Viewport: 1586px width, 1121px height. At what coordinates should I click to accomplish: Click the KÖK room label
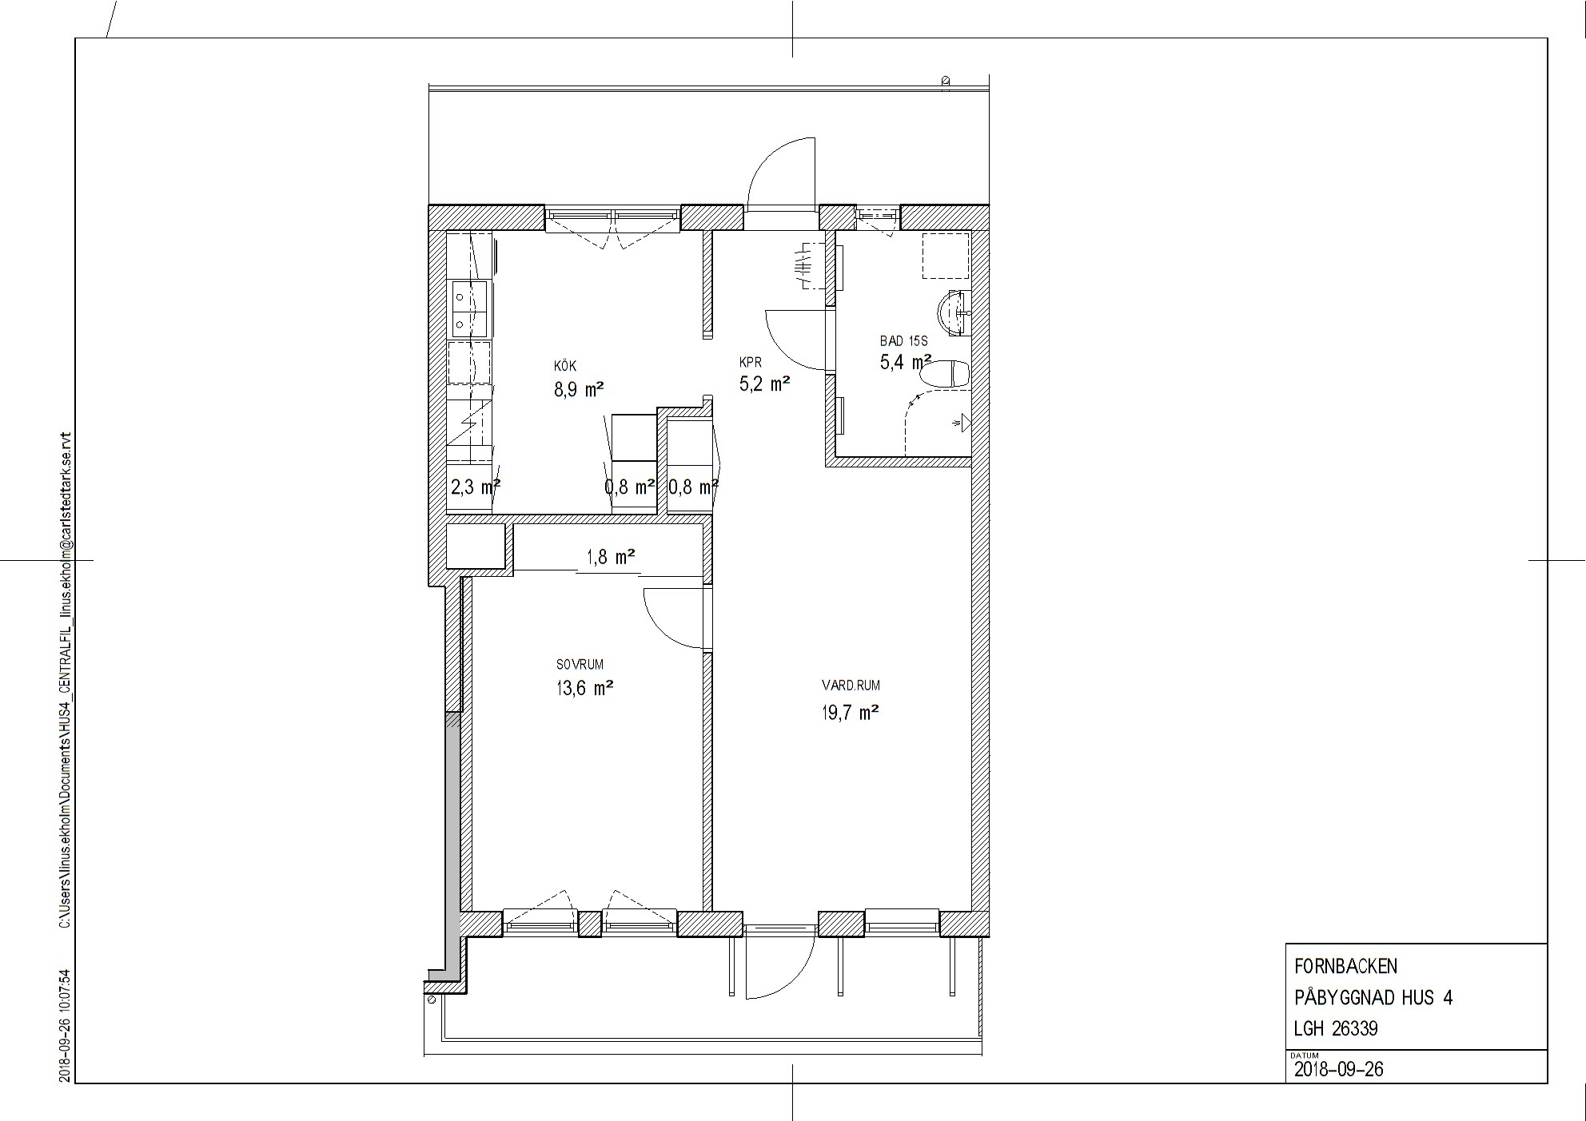pyautogui.click(x=565, y=366)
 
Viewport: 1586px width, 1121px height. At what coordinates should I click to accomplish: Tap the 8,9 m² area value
pyautogui.click(x=579, y=390)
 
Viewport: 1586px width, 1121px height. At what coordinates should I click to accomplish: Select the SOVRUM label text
pyautogui.click(x=580, y=664)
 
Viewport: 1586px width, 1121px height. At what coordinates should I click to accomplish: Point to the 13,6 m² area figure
pyautogui.click(x=585, y=688)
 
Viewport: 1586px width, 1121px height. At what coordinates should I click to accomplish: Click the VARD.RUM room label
pyautogui.click(x=851, y=685)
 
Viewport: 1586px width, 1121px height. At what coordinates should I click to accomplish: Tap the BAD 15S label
pyautogui.click(x=903, y=340)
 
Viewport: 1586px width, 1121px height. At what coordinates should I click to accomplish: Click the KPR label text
pyautogui.click(x=751, y=362)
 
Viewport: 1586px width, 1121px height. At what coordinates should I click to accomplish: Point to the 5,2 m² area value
pyautogui.click(x=765, y=384)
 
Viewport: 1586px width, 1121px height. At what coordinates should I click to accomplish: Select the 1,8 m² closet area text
pyautogui.click(x=612, y=556)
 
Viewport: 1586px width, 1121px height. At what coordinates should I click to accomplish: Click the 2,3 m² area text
pyautogui.click(x=476, y=487)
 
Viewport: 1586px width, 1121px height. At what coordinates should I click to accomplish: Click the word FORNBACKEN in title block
pyautogui.click(x=1345, y=966)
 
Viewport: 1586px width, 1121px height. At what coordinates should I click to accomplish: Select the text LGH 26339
pyautogui.click(x=1336, y=1028)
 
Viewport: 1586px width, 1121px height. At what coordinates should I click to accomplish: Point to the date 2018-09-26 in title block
pyautogui.click(x=1339, y=1069)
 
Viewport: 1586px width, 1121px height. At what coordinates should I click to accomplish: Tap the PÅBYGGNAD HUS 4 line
pyautogui.click(x=1373, y=997)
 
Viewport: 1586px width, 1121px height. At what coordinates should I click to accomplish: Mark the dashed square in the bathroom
pyautogui.click(x=946, y=256)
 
